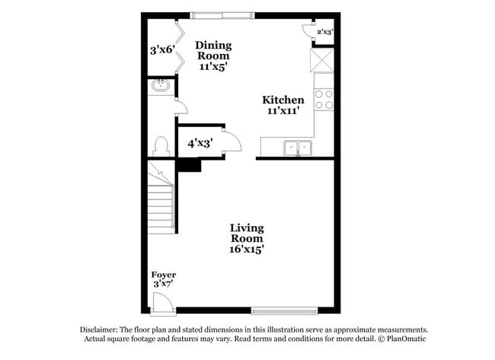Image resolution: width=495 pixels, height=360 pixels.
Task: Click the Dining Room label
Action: click(x=214, y=56)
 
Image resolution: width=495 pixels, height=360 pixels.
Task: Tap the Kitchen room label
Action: click(x=283, y=105)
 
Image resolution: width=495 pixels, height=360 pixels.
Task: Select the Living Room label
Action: click(x=247, y=238)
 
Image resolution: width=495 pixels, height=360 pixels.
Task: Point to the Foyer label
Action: click(x=164, y=279)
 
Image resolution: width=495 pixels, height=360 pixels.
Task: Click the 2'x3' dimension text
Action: click(x=324, y=32)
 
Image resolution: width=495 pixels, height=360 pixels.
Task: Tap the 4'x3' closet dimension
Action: click(x=200, y=142)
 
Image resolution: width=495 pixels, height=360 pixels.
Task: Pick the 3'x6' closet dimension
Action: click(x=162, y=51)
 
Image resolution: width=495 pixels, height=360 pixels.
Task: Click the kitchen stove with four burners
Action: click(x=324, y=100)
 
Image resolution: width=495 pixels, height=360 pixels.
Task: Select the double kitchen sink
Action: click(x=298, y=148)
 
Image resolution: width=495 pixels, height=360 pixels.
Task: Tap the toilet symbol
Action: click(x=161, y=145)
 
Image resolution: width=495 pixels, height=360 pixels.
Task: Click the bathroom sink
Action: click(x=161, y=85)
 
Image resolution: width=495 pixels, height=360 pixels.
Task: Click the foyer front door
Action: click(x=162, y=304)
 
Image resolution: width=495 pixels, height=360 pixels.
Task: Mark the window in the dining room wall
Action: click(x=223, y=14)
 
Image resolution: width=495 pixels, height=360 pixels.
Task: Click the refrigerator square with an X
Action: click(x=322, y=59)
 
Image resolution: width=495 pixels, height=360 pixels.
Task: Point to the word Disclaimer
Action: click(x=99, y=330)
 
